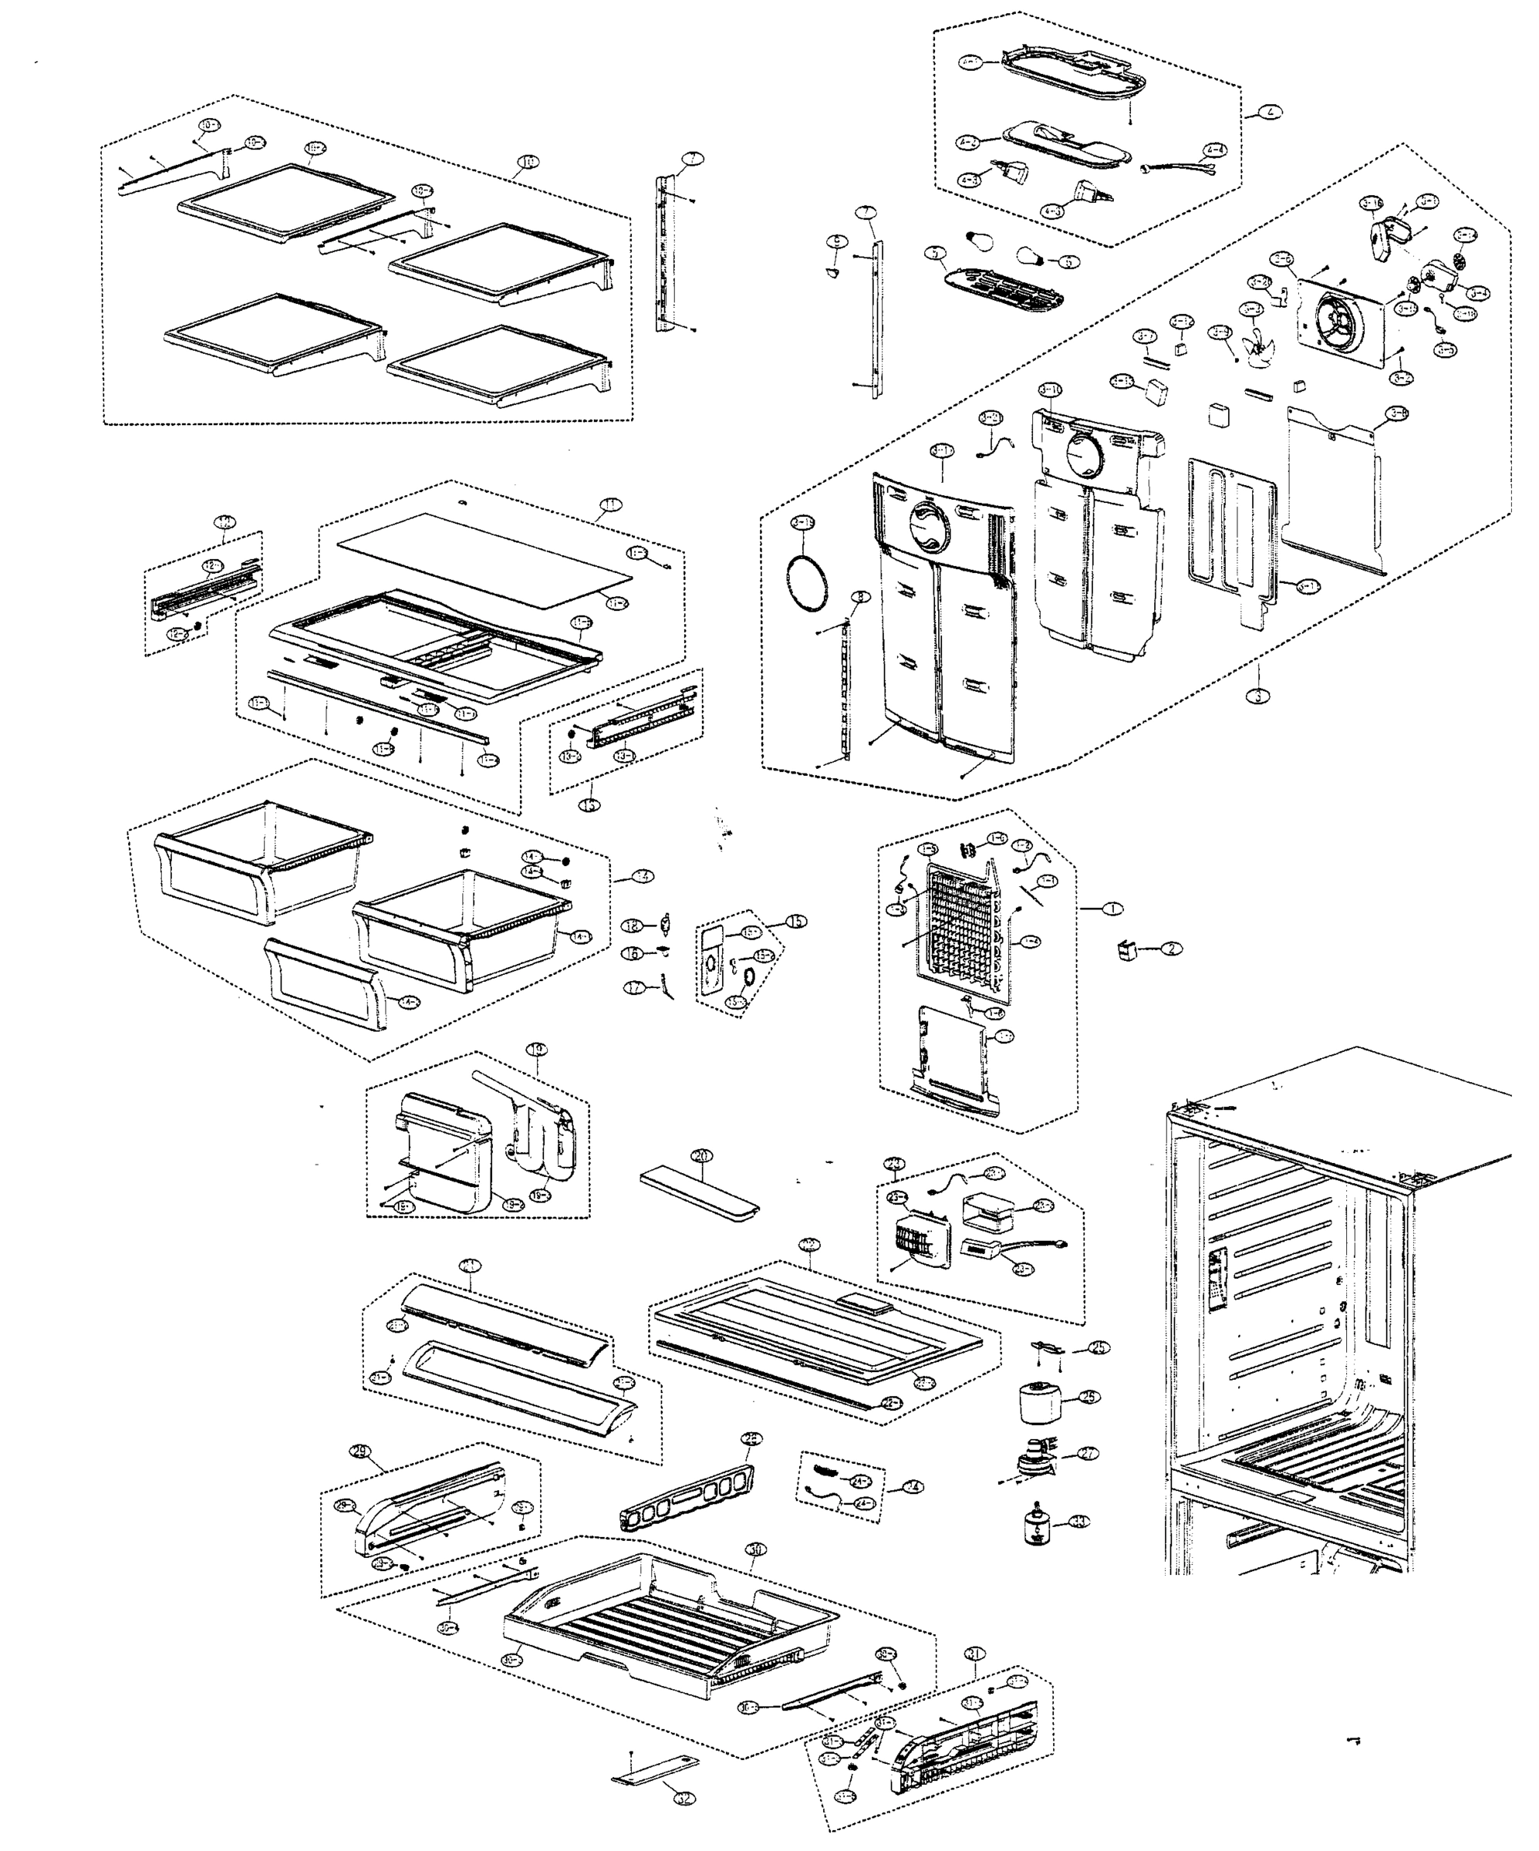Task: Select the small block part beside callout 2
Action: point(1126,950)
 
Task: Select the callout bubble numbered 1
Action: point(1113,908)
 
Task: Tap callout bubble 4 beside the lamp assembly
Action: point(1271,112)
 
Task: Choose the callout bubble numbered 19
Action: point(537,1049)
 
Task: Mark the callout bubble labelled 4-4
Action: point(1215,150)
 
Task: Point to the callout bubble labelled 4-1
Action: point(970,62)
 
